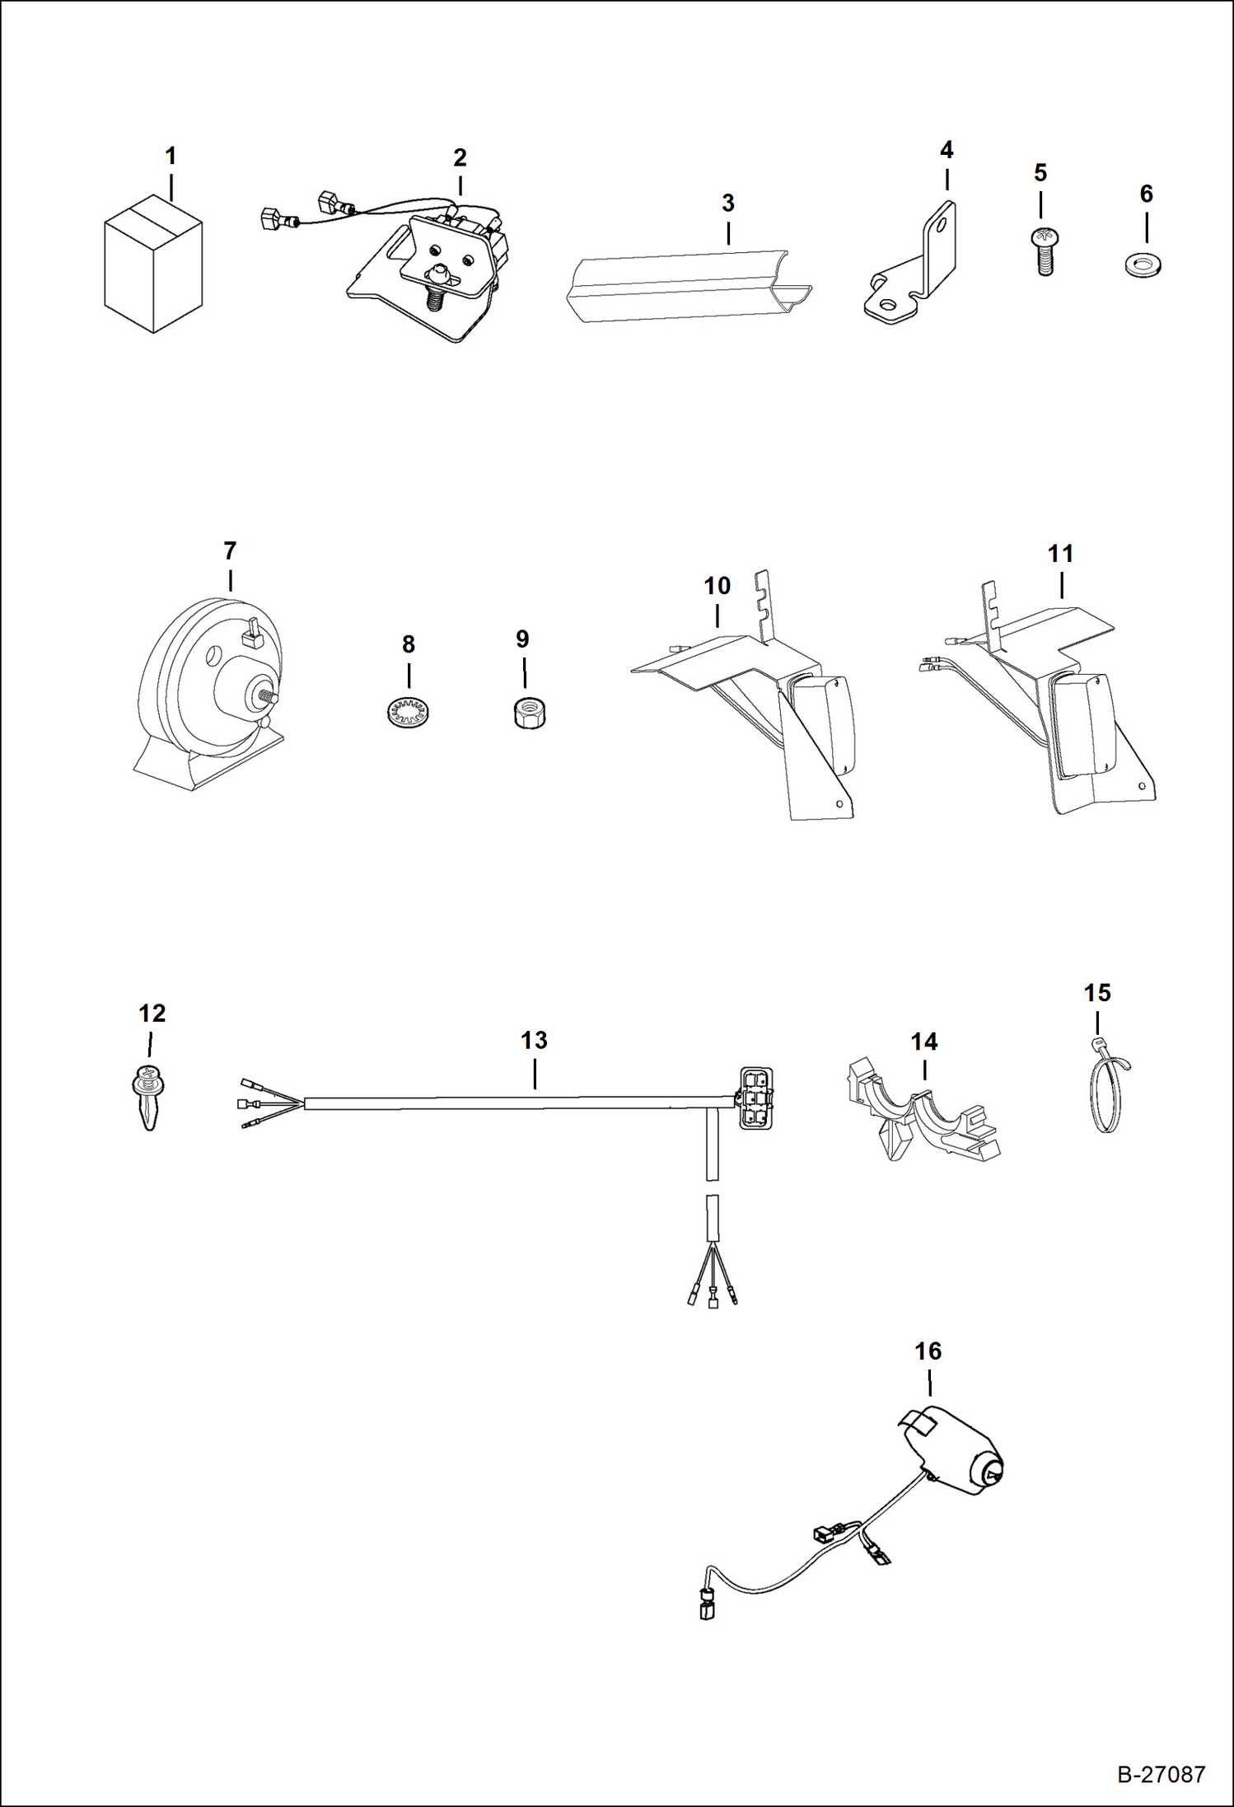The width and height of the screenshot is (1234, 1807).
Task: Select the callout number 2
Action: tap(460, 157)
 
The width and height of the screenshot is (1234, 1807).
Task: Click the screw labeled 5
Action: tap(1044, 250)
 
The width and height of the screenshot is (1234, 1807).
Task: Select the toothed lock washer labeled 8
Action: tap(409, 709)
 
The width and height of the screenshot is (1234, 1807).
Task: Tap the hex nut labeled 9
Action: tap(527, 712)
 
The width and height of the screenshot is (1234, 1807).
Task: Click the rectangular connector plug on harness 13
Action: tap(755, 1097)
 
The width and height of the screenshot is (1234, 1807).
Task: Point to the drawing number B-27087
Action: tap(1161, 1774)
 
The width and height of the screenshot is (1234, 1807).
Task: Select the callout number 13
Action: tap(534, 1040)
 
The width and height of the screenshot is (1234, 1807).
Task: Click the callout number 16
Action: tap(928, 1351)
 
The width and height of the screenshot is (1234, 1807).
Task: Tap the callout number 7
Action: tap(230, 550)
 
